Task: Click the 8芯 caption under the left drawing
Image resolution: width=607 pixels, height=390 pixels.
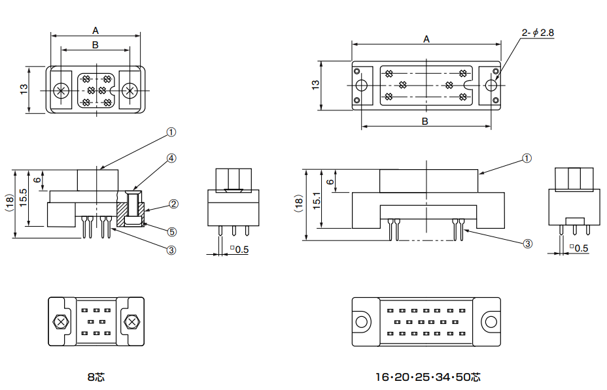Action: click(95, 377)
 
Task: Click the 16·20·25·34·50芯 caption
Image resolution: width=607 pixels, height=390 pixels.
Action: click(428, 377)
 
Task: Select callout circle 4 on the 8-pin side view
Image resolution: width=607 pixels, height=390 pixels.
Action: click(171, 158)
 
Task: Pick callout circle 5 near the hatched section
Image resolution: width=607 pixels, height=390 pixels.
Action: click(171, 231)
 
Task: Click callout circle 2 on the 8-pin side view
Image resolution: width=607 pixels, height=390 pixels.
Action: click(173, 204)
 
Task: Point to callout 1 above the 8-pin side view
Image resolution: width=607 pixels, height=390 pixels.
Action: click(171, 132)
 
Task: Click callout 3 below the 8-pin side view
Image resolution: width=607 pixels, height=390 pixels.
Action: click(171, 250)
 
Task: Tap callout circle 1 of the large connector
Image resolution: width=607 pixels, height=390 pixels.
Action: click(527, 159)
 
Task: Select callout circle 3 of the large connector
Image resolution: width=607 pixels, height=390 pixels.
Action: click(527, 244)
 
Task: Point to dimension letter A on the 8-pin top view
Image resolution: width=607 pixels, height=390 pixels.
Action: click(95, 30)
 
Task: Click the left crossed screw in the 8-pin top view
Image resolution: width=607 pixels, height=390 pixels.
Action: click(62, 91)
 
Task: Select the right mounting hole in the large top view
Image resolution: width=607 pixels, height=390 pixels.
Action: click(491, 85)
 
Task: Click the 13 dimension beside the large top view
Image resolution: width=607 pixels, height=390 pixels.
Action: click(315, 85)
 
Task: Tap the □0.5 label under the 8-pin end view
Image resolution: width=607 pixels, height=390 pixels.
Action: click(239, 249)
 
